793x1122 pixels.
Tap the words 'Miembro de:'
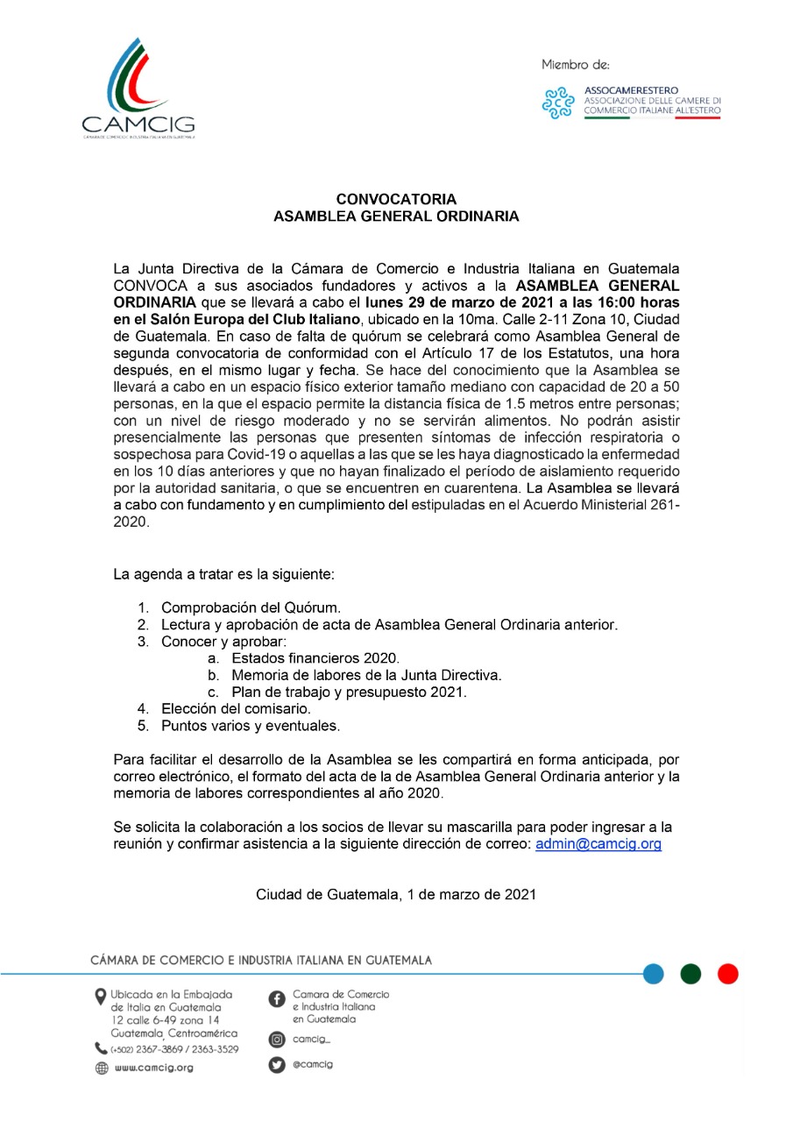[x=575, y=64]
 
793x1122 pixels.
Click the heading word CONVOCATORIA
[x=396, y=200]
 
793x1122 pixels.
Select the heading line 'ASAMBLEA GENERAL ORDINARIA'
[x=396, y=216]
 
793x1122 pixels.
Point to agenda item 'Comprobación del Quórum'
[x=251, y=607]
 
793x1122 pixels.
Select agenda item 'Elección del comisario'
[x=236, y=708]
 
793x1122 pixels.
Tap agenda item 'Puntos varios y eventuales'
[x=250, y=726]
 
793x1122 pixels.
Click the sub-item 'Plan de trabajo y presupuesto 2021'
[x=349, y=692]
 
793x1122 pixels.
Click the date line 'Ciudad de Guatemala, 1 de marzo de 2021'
[x=396, y=895]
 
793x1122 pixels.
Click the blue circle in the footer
[x=653, y=973]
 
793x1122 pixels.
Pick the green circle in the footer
[x=690, y=973]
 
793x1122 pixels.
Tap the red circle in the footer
[x=727, y=973]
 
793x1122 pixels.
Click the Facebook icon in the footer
[x=276, y=999]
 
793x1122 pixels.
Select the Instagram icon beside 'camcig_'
[x=276, y=1040]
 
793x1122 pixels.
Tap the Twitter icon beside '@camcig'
[x=276, y=1065]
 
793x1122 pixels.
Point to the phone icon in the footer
[x=101, y=1048]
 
